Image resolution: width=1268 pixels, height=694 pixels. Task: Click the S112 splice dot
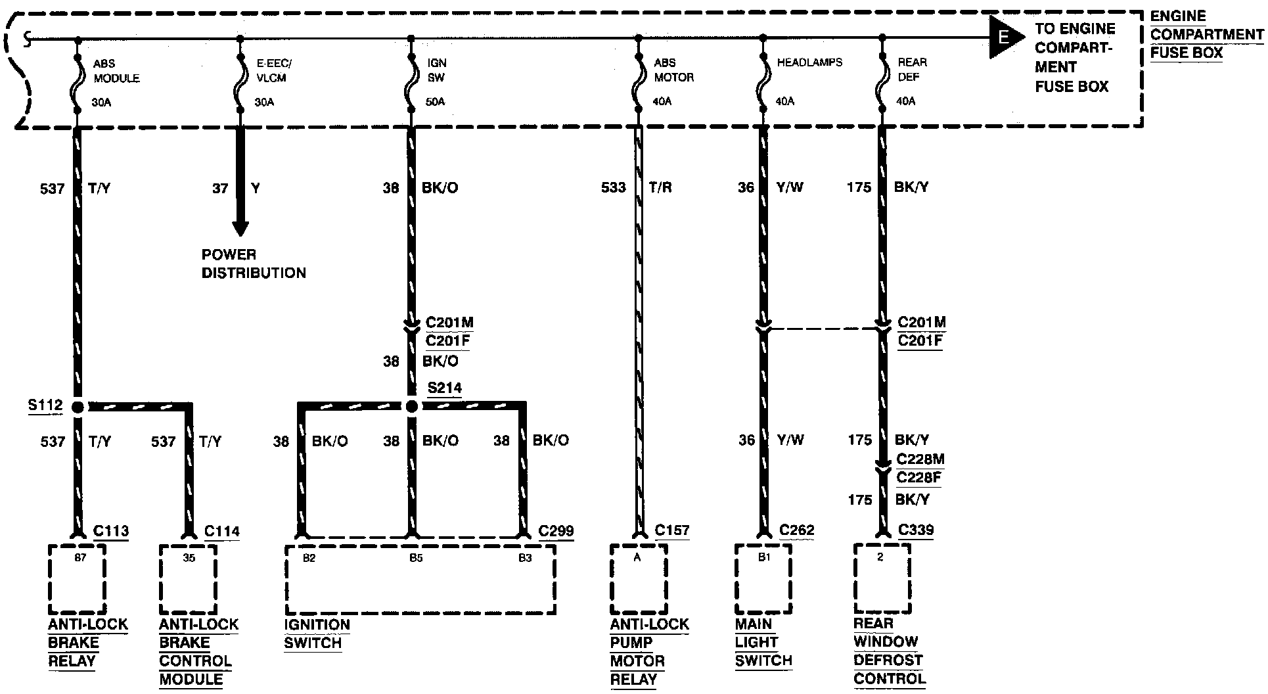pyautogui.click(x=78, y=407)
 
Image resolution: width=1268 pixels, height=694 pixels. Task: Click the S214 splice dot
pyautogui.click(x=412, y=407)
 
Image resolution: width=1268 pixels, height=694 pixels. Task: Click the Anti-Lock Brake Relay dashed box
pyautogui.click(x=78, y=578)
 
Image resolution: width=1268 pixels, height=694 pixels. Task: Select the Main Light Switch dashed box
pyautogui.click(x=763, y=578)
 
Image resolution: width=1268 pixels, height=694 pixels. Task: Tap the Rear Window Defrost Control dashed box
pyautogui.click(x=882, y=578)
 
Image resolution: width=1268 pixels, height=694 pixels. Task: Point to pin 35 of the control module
pyautogui.click(x=189, y=559)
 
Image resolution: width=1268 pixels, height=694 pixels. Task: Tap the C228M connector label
pyautogui.click(x=920, y=459)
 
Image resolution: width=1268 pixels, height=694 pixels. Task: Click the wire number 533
pyautogui.click(x=613, y=188)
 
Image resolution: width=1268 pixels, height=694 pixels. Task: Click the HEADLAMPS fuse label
pyautogui.click(x=809, y=62)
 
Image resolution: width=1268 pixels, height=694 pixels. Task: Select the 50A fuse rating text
pyautogui.click(x=435, y=102)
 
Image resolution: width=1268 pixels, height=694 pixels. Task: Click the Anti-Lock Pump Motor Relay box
pyautogui.click(x=639, y=578)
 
